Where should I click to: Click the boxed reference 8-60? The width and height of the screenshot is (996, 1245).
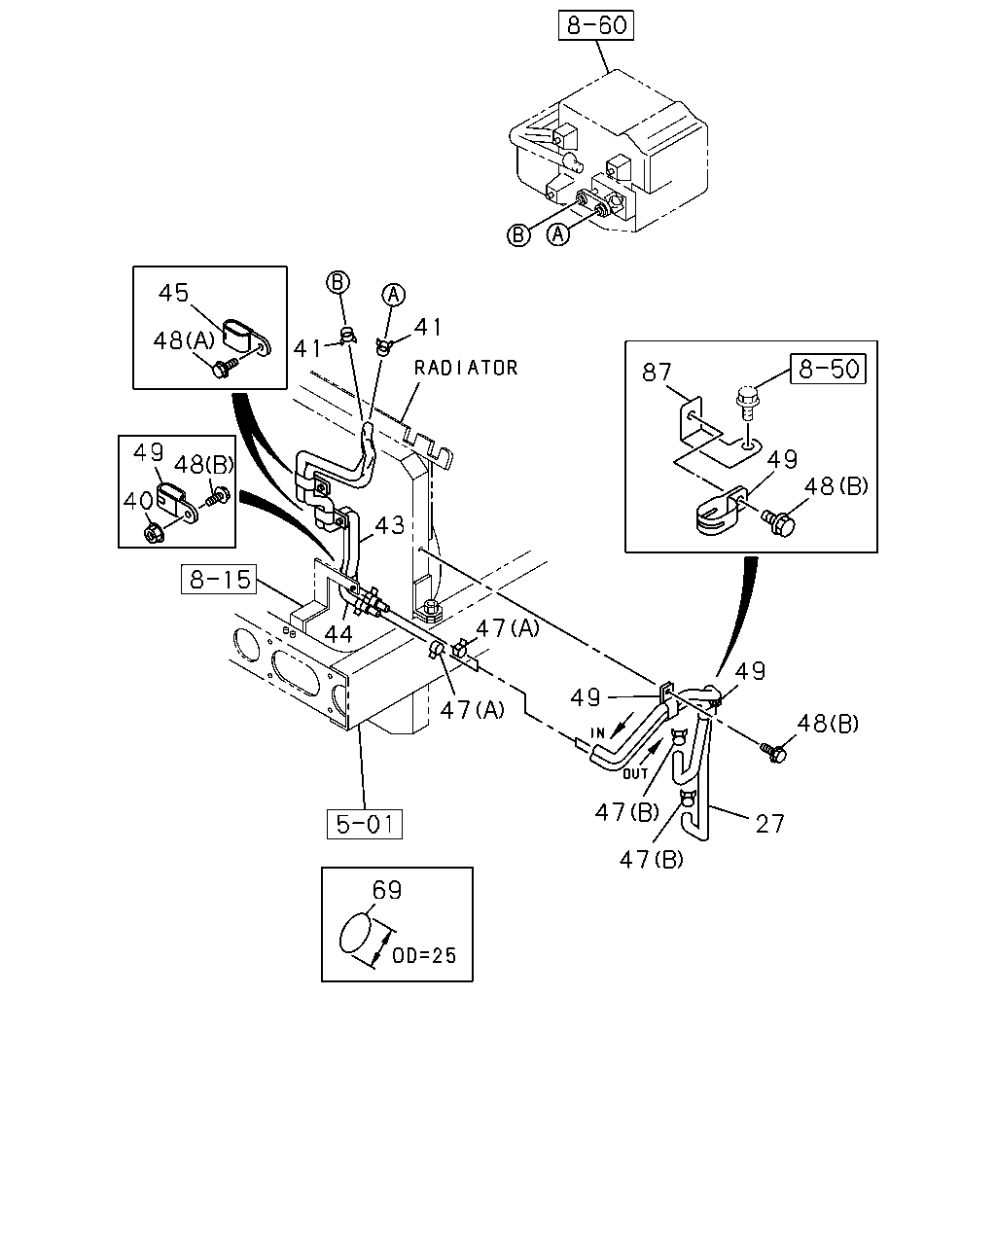click(x=595, y=25)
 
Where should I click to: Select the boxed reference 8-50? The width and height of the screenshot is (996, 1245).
click(x=828, y=369)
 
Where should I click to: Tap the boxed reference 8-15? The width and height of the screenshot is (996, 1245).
click(x=220, y=579)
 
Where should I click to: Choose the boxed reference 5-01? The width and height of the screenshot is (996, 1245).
click(x=365, y=824)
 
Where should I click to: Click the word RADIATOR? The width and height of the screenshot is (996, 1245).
click(x=466, y=368)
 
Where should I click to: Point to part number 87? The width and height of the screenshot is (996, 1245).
click(x=657, y=373)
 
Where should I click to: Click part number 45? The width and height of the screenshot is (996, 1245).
click(x=174, y=293)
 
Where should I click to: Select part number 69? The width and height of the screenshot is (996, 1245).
click(x=386, y=890)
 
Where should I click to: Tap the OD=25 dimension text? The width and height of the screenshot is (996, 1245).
click(x=424, y=955)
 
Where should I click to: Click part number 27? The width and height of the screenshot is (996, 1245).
click(x=769, y=824)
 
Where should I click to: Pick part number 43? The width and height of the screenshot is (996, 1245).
click(x=389, y=525)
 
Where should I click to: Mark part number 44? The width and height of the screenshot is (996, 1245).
click(x=338, y=634)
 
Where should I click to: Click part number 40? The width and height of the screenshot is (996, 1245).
click(x=138, y=502)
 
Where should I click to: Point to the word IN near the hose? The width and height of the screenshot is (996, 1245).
click(x=597, y=733)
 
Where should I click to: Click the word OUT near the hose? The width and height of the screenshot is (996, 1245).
click(x=635, y=773)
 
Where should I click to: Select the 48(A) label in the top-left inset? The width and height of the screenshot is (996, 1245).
click(x=184, y=340)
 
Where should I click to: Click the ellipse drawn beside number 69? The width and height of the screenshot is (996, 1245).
click(x=354, y=932)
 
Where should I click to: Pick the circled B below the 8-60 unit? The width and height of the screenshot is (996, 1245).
click(x=518, y=235)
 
